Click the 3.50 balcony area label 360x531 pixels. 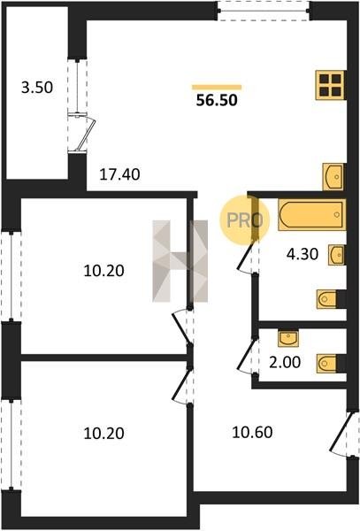coord(37,88)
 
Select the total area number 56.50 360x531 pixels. coord(217,100)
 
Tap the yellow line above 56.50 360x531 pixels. coord(217,88)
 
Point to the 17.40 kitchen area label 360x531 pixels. coord(119,174)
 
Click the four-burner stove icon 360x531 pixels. coord(330,85)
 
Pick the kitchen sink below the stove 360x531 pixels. coord(333,177)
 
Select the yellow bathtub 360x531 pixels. coord(312,215)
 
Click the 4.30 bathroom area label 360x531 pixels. coord(303,254)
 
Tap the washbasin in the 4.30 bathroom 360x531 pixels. coord(336,255)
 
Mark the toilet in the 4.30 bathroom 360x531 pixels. coord(327,299)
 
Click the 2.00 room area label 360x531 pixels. coord(285,362)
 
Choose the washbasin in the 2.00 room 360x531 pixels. coord(288,339)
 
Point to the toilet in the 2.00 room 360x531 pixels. coord(327,364)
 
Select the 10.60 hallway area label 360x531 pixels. coord(252,433)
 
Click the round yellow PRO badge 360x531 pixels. coord(245,219)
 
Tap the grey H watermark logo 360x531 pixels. coord(180,261)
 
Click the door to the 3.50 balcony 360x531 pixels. coord(81,134)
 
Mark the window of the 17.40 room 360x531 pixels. coord(264,11)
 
